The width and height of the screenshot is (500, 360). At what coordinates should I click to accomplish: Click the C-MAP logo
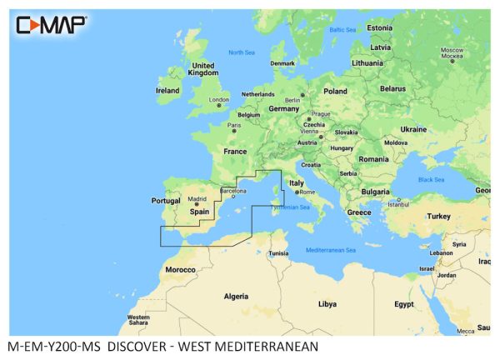pyautogui.click(x=50, y=25)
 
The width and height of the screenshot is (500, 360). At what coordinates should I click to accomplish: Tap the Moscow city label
pyautogui.click(x=451, y=50)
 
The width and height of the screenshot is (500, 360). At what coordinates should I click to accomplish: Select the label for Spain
pyautogui.click(x=199, y=212)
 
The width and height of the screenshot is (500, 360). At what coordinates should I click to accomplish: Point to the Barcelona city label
pyautogui.click(x=232, y=191)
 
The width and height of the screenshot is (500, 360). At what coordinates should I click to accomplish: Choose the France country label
pyautogui.click(x=237, y=152)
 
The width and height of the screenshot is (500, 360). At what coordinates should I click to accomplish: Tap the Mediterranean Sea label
pyautogui.click(x=331, y=250)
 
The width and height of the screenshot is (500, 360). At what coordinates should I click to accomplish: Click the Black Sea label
pyautogui.click(x=431, y=179)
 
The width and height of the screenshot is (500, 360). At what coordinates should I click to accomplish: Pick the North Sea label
pyautogui.click(x=242, y=52)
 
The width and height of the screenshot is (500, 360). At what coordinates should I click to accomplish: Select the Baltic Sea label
pyautogui.click(x=342, y=30)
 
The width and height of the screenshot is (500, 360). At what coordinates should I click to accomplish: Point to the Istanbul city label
pyautogui.click(x=399, y=204)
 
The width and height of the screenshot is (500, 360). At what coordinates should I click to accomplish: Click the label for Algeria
pyautogui.click(x=236, y=296)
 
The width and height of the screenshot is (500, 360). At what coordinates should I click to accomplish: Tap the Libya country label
pyautogui.click(x=327, y=304)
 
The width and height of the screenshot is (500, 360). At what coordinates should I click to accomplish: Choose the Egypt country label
pyautogui.click(x=403, y=304)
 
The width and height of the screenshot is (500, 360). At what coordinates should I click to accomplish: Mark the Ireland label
pyautogui.click(x=167, y=90)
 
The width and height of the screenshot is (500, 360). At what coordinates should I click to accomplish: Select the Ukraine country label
pyautogui.click(x=413, y=129)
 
